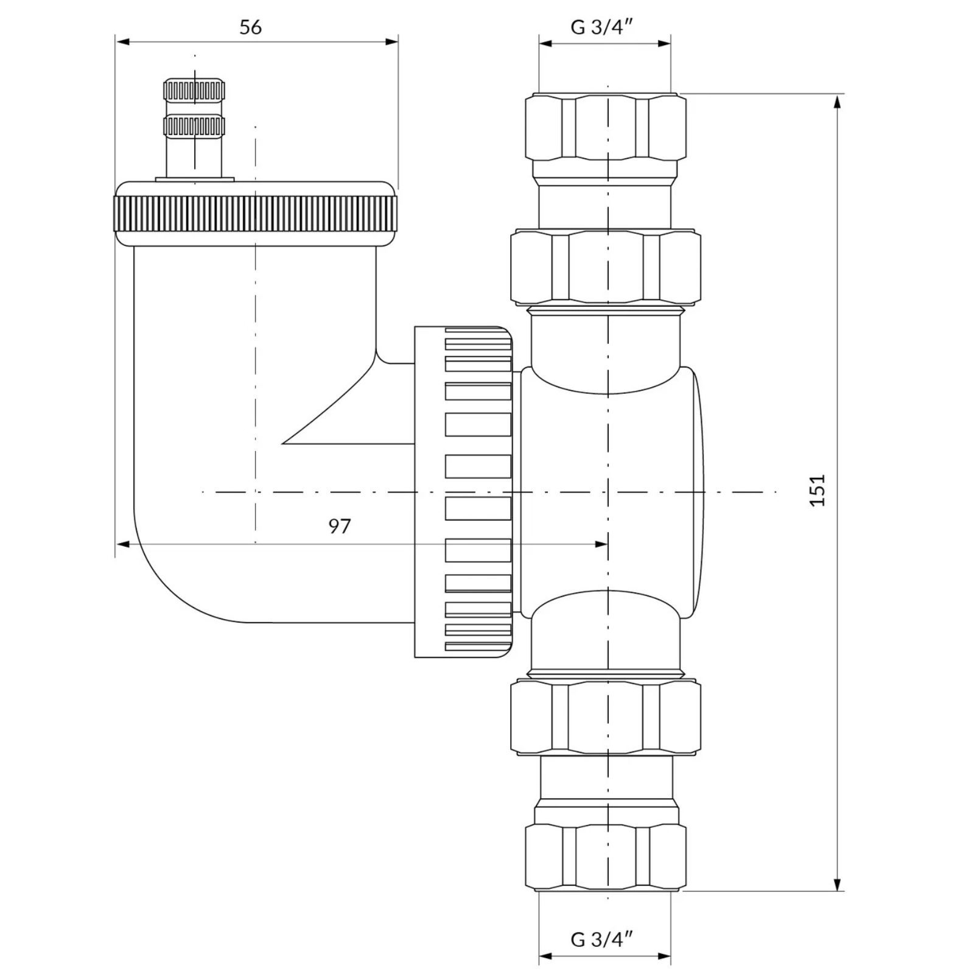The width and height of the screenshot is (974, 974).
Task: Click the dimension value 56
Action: click(x=250, y=27)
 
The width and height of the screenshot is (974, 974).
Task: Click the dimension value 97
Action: click(x=340, y=526)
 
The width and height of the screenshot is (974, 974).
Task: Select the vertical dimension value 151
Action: click(x=818, y=490)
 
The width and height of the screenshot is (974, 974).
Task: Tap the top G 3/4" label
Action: click(x=602, y=27)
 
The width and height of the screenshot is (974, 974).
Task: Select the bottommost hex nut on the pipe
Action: click(x=606, y=858)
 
